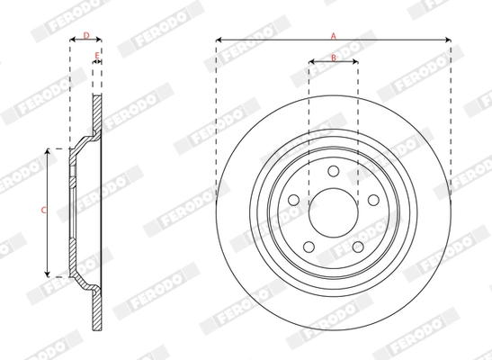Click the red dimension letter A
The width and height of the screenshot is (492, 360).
tap(333, 34)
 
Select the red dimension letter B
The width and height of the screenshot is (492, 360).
tap(333, 57)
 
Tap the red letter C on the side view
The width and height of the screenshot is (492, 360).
tap(43, 210)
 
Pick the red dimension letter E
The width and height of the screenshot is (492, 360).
tap(96, 56)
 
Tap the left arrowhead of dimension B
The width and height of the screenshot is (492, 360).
tap(311, 63)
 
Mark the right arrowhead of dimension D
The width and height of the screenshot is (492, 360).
tap(100, 40)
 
